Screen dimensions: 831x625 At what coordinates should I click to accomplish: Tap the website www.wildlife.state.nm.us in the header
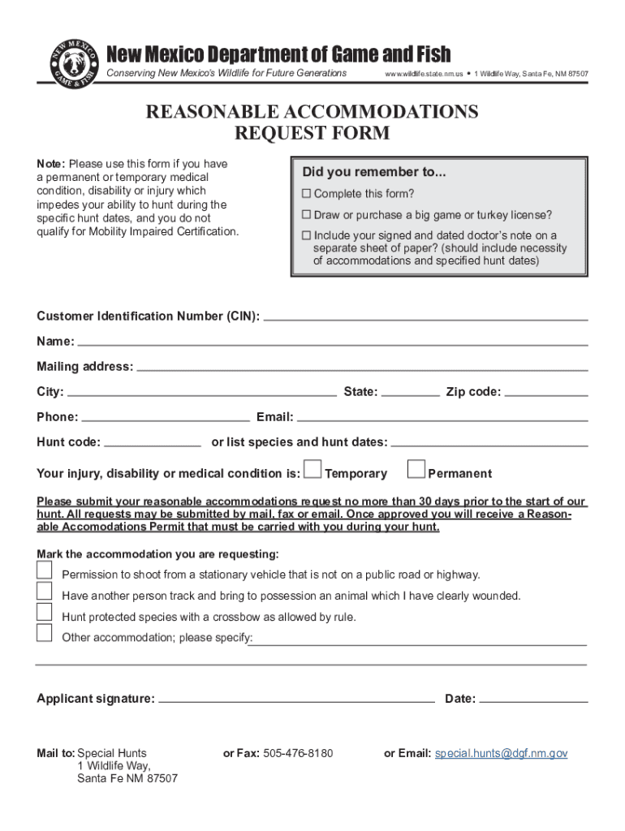click(x=424, y=74)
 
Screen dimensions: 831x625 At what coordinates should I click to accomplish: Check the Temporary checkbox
click(x=312, y=470)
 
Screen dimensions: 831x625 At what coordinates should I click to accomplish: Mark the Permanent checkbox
click(x=416, y=470)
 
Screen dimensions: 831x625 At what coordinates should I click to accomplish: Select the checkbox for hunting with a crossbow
click(x=45, y=613)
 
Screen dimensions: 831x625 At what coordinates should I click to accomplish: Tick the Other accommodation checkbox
click(x=45, y=633)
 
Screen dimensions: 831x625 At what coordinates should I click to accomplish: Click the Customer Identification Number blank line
click(x=426, y=318)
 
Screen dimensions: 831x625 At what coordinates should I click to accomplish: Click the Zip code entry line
click(x=546, y=394)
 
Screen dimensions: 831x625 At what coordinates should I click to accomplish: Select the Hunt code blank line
click(x=153, y=445)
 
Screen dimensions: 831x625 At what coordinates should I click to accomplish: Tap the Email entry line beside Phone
click(x=442, y=420)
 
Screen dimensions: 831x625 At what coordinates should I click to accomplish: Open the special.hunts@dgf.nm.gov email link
click(x=501, y=753)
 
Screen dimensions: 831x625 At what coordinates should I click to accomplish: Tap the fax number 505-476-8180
click(x=298, y=753)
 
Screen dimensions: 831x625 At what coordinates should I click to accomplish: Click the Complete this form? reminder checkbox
click(x=307, y=194)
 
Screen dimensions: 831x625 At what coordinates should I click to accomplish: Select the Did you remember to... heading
click(x=374, y=172)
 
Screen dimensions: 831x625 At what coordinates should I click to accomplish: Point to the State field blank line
click(x=410, y=394)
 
